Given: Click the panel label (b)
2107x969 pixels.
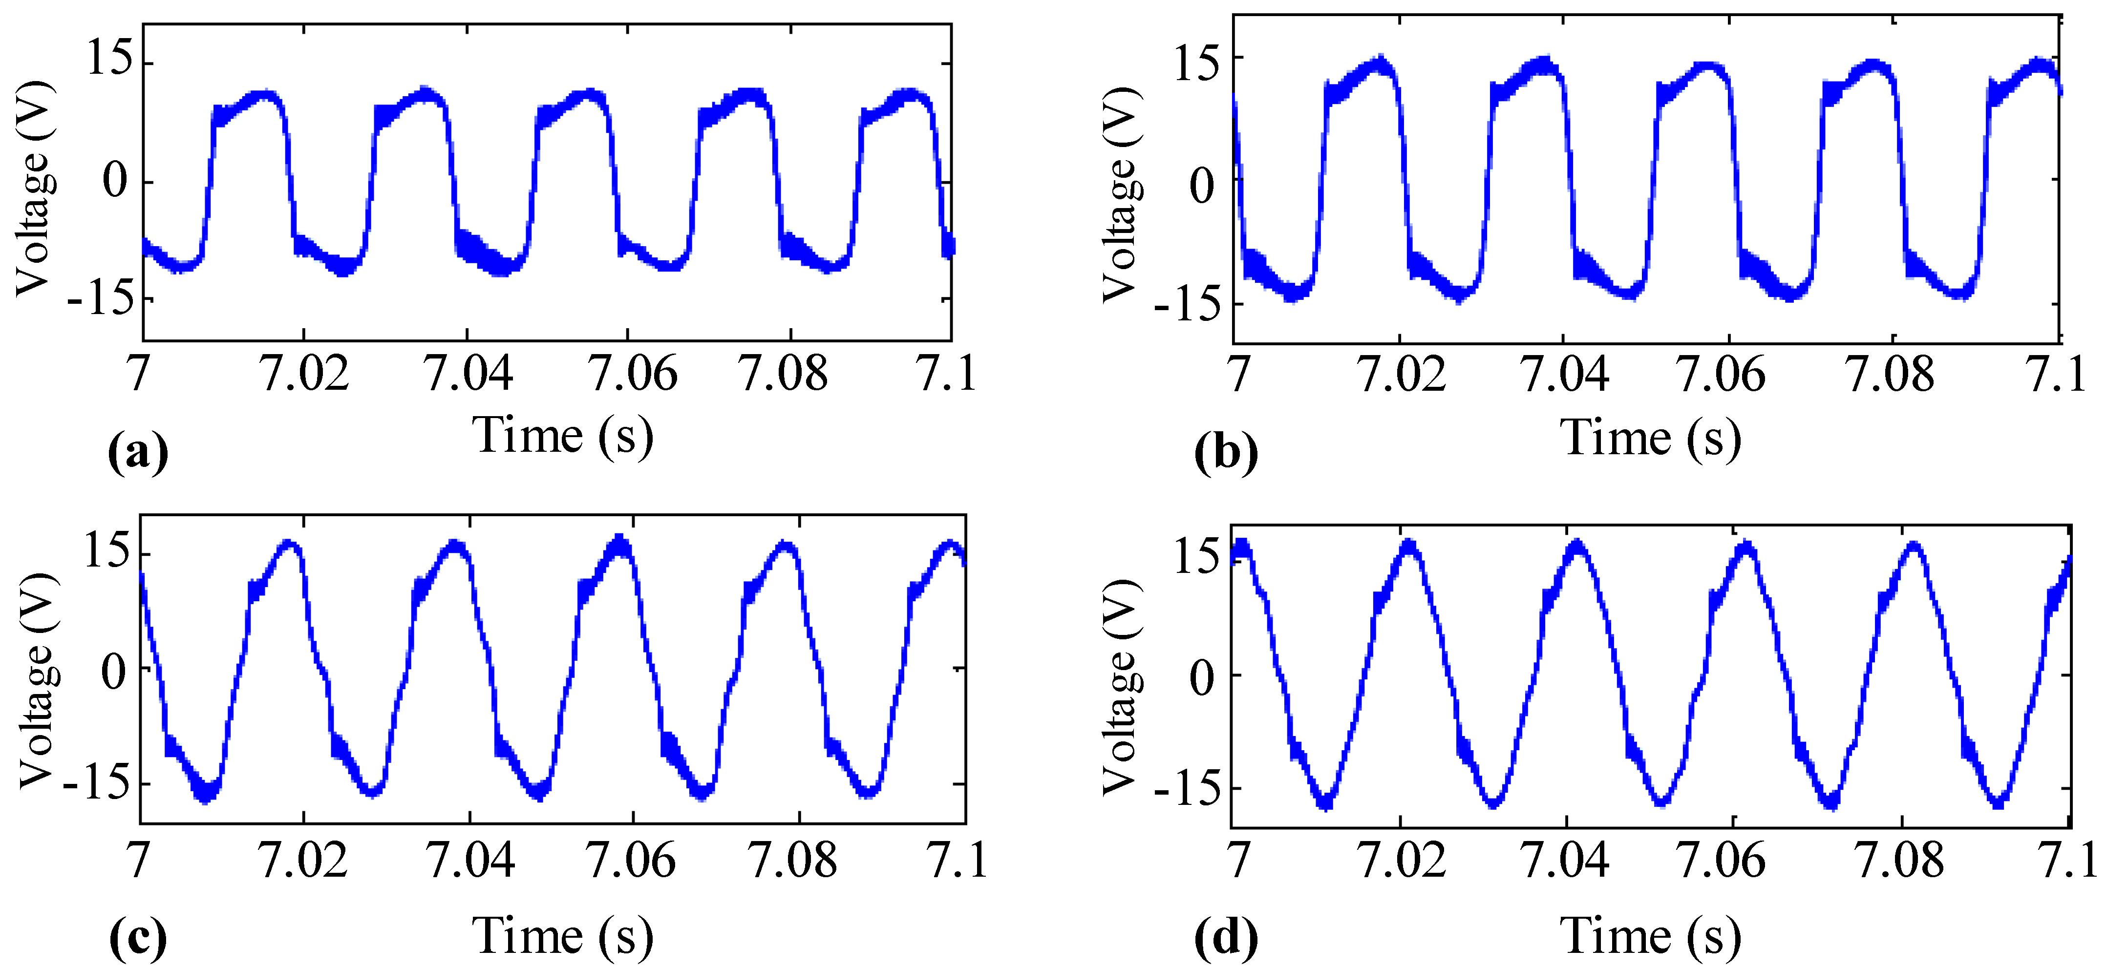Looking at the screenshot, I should (x=1225, y=452).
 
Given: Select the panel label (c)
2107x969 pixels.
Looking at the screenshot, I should (x=137, y=937).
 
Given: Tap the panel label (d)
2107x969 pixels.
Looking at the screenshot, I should (x=1225, y=937).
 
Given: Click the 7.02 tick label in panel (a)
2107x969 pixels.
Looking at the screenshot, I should (x=304, y=374).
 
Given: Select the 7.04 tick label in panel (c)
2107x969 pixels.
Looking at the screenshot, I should (x=470, y=860).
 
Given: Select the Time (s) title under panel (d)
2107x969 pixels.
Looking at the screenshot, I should (x=1651, y=935).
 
